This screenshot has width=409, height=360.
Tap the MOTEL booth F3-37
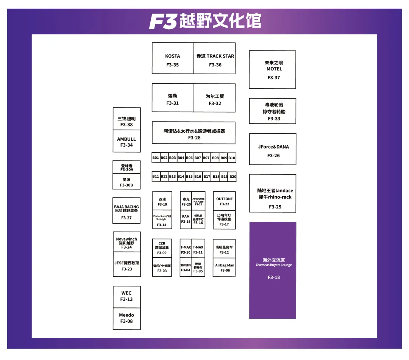pos(272,70)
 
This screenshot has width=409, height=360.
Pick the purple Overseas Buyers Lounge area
pos(273,270)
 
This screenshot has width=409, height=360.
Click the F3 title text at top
pos(205,21)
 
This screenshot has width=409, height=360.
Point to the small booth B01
pos(156,158)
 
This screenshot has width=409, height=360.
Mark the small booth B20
pos(233,177)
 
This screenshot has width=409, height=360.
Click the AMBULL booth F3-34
pos(126,141)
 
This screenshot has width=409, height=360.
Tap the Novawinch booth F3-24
pos(126,242)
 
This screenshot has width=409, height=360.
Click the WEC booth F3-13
pos(126,297)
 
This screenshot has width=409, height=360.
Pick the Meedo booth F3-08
pos(126,318)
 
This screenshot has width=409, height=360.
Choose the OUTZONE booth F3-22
pos(224,201)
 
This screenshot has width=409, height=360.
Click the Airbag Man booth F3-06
pos(224,268)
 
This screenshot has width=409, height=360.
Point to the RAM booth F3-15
pos(186,219)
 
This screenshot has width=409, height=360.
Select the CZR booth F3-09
pos(162,248)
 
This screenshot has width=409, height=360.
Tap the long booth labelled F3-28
pos(194,133)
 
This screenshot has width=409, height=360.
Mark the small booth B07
pos(206,158)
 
